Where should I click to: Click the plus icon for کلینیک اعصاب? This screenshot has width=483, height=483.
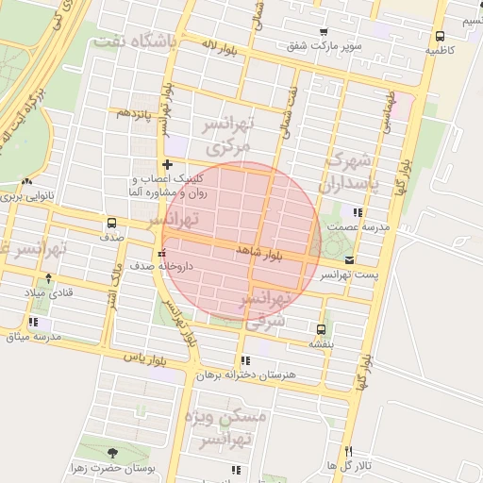coord(167,164)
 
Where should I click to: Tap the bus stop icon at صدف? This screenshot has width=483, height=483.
coord(112,224)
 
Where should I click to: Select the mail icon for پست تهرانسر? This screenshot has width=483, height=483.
coord(350,260)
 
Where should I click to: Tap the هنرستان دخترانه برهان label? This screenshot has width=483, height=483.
coord(246,375)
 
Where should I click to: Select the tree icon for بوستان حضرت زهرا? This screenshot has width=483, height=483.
coord(113,453)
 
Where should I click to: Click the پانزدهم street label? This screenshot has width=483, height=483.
coord(134,113)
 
